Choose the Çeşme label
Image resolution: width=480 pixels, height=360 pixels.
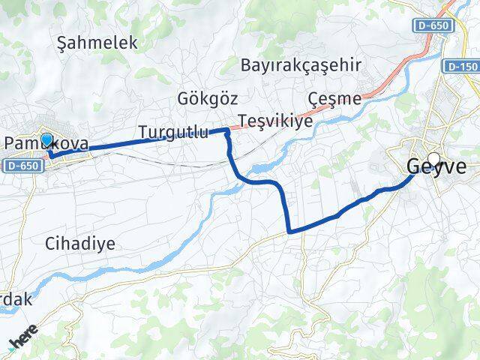click(x=334, y=98)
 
